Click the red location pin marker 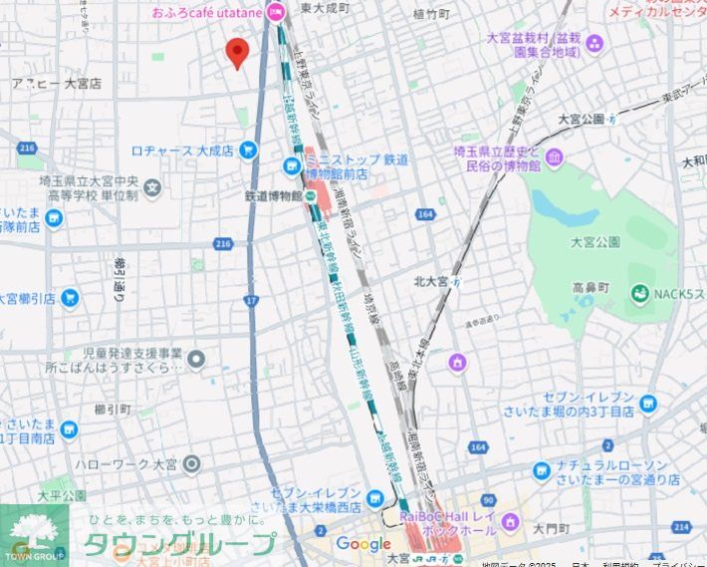coord(237,52)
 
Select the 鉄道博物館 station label coord(273,195)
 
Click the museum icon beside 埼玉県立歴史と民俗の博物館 coord(554,157)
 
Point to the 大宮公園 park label coord(595,242)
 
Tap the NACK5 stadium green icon coord(639,293)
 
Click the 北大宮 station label coord(436,281)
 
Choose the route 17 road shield coord(251,299)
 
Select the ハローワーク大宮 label coord(124,463)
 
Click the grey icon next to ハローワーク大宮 coord(191,463)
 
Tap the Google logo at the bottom coord(362,544)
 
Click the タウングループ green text coord(179,544)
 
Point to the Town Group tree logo coord(34,533)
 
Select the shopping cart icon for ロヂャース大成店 coord(249,150)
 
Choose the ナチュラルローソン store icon coord(541,470)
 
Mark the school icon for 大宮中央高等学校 coord(151,186)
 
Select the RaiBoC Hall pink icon coord(511,522)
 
